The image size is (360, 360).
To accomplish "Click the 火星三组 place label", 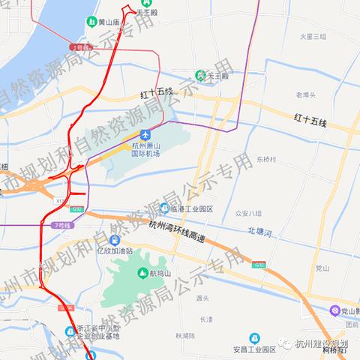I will coord(312,37).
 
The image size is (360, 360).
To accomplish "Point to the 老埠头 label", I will coord(307,95).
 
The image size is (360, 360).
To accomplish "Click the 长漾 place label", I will coord(207,318).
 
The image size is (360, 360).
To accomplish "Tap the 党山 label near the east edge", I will coord(322,267).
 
